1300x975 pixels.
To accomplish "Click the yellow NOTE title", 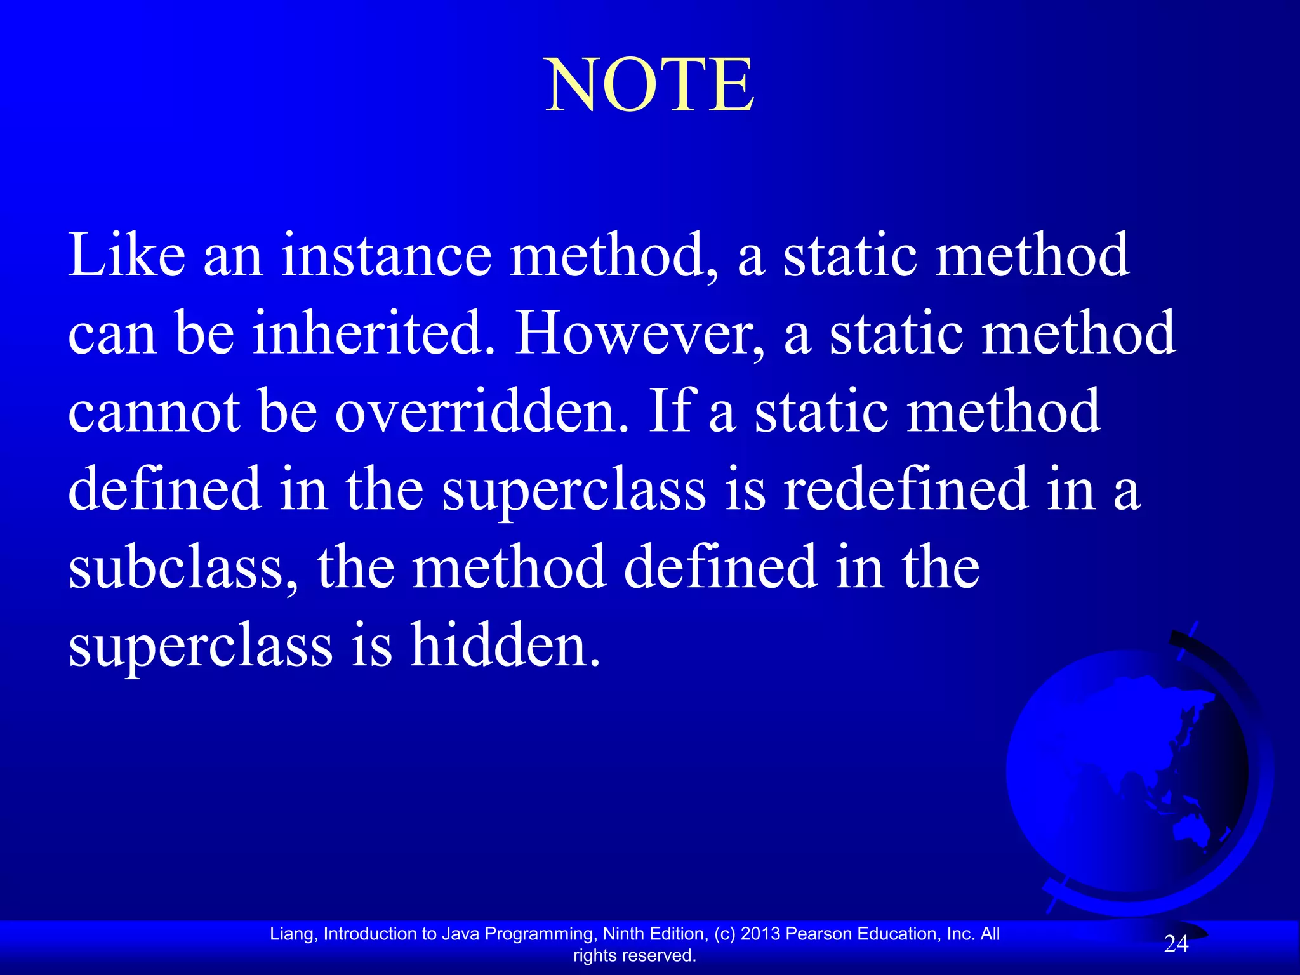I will pyautogui.click(x=650, y=85).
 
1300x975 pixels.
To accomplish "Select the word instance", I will pyautogui.click(x=386, y=255).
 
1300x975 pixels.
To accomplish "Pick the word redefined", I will pyautogui.click(x=905, y=489).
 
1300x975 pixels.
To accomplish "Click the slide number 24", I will pyautogui.click(x=1176, y=944).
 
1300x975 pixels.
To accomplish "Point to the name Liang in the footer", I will pyautogui.click(x=291, y=934).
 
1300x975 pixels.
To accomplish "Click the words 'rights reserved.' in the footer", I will pyautogui.click(x=635, y=955).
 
